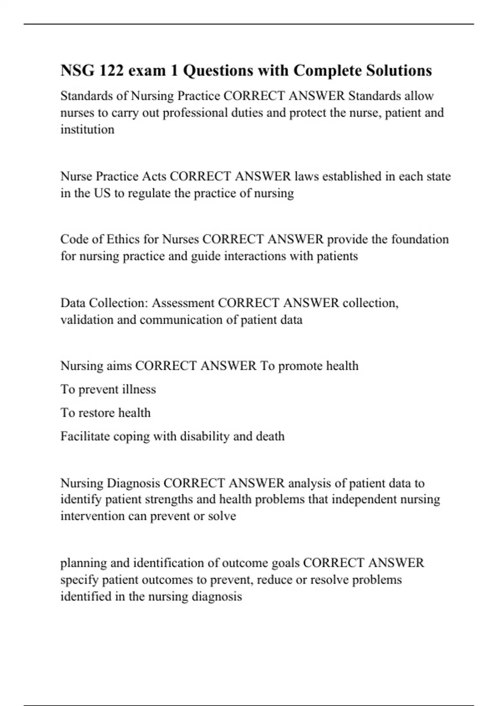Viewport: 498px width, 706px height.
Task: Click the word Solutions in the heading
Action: pos(399,71)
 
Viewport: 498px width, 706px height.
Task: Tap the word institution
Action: pos(87,130)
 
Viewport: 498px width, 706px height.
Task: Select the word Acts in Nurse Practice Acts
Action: pos(154,176)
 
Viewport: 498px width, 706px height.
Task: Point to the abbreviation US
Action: pos(102,193)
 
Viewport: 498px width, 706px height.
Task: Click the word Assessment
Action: pos(183,303)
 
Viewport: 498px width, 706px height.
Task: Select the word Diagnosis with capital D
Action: pos(133,483)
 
